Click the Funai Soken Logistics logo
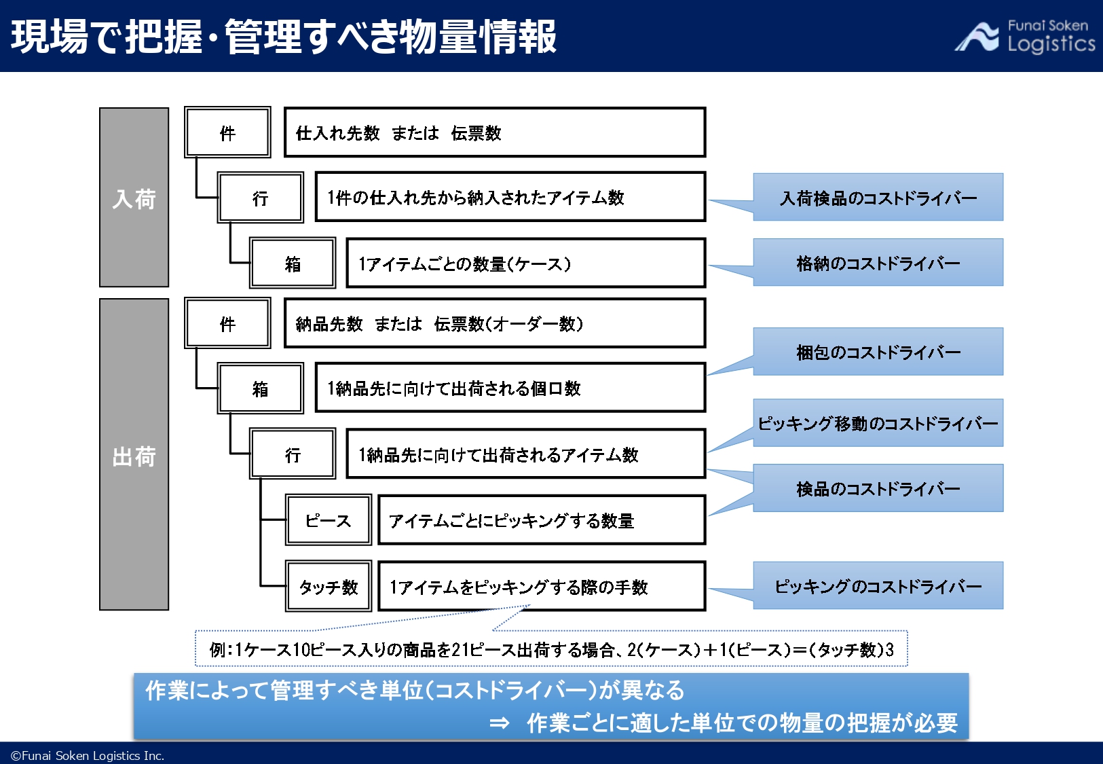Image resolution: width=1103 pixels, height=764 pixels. (x=1025, y=36)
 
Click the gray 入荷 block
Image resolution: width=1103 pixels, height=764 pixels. (x=134, y=198)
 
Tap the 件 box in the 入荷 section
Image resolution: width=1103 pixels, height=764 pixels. (x=227, y=132)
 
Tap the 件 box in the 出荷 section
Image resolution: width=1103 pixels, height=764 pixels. (x=227, y=323)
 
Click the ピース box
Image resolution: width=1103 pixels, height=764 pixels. (x=328, y=520)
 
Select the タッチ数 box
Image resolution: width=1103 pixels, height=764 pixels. (x=328, y=586)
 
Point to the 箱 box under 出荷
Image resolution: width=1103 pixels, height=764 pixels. (x=260, y=388)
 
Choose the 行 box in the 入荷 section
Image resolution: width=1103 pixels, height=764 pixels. (x=260, y=198)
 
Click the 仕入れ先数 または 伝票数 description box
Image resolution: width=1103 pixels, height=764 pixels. (x=494, y=132)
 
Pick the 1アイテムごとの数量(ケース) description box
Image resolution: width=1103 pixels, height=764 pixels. (x=525, y=263)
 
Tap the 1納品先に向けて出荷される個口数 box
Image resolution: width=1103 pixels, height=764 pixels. (x=510, y=388)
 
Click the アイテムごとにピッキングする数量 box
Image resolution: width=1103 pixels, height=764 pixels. (x=541, y=520)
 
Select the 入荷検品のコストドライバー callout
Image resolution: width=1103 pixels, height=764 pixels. (x=878, y=198)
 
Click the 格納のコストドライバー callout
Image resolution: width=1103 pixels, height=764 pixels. (x=878, y=263)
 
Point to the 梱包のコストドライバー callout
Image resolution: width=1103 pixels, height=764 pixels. (x=878, y=352)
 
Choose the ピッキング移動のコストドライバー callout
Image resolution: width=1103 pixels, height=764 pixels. (x=878, y=423)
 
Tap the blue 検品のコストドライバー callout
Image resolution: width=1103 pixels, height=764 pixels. (x=878, y=488)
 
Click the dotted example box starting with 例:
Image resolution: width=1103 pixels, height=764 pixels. (x=551, y=649)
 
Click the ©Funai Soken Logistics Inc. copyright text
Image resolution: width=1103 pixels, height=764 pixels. (x=88, y=755)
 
